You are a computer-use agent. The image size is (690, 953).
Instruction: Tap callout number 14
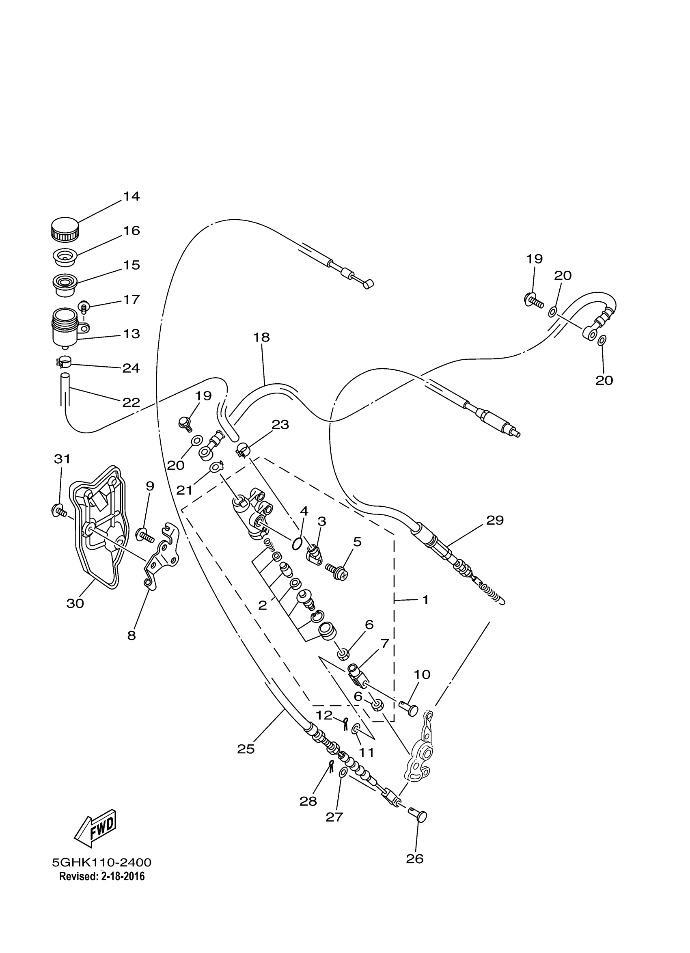[131, 196]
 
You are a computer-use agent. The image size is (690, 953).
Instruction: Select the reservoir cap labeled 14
[65, 230]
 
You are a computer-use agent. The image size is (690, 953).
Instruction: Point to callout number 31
[62, 459]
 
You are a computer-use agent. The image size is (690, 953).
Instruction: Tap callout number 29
[495, 520]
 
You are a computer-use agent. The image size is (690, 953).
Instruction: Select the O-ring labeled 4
[296, 544]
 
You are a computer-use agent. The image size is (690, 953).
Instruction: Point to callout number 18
[261, 337]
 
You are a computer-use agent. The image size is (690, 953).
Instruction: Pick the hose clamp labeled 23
[243, 449]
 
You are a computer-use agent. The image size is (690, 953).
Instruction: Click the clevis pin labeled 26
[418, 816]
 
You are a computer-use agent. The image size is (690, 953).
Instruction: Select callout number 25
[246, 749]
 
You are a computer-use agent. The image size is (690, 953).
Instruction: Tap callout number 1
[425, 600]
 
